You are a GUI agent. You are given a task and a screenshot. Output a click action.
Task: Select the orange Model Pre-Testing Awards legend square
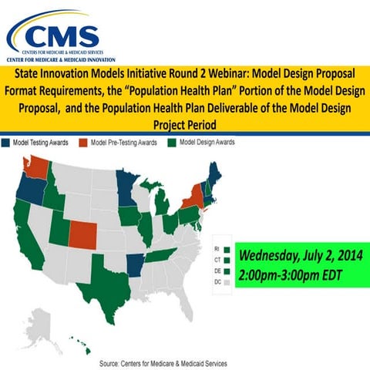click(85, 143)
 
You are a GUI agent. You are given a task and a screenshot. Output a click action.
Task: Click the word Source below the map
click(112, 362)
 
